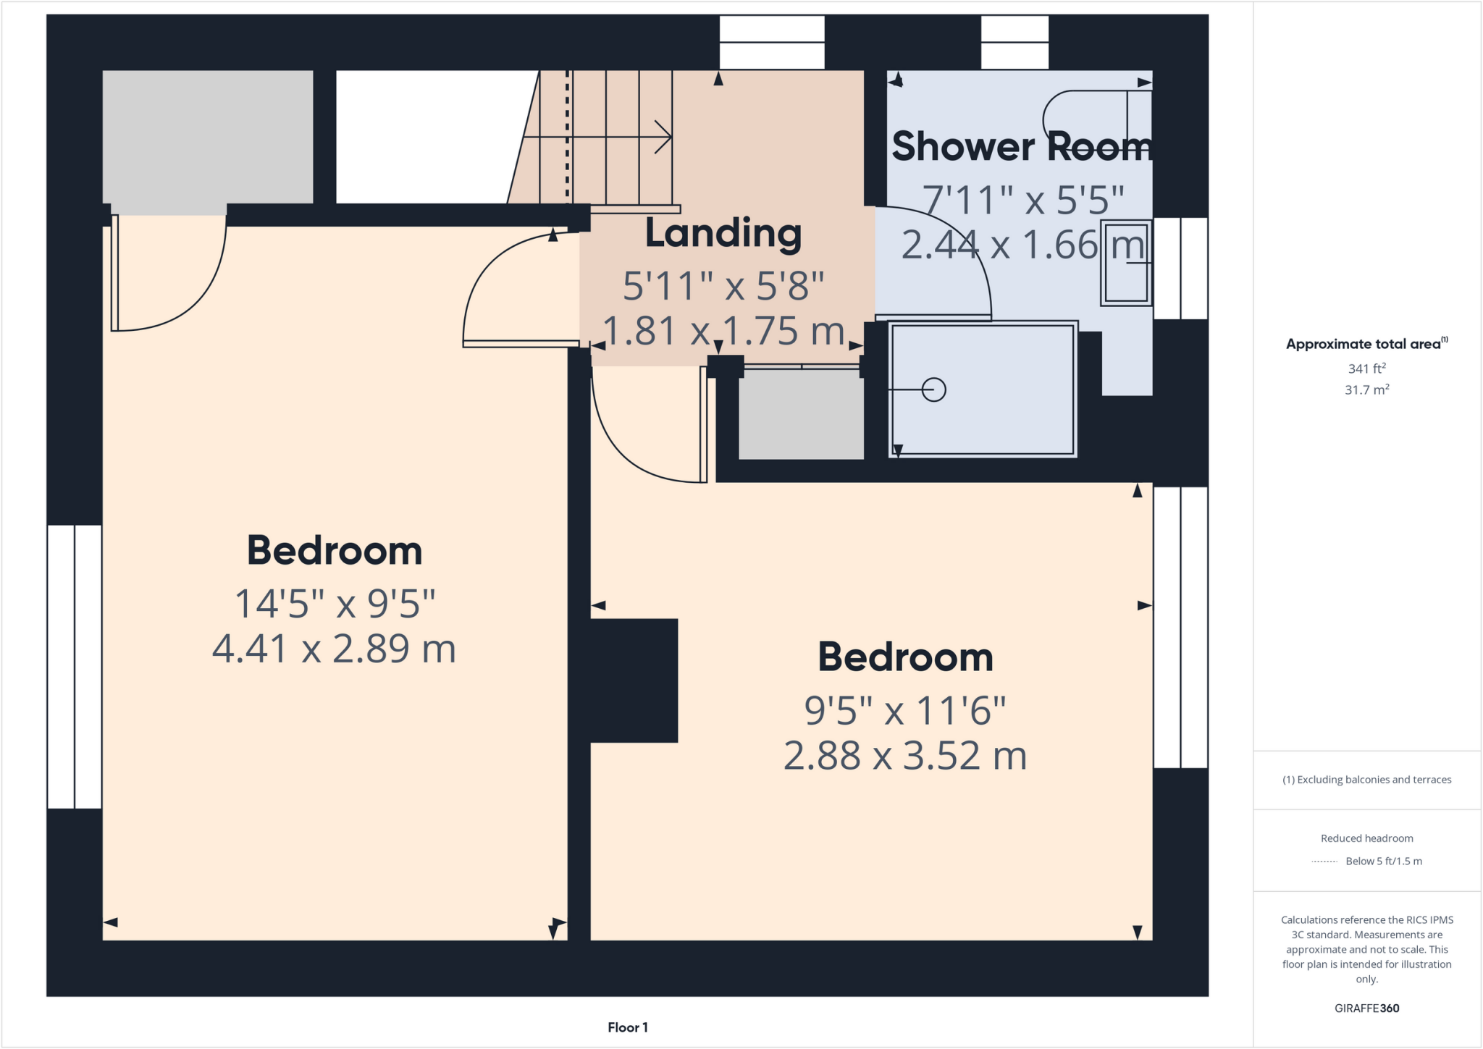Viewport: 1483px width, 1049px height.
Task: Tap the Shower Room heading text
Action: click(x=1020, y=147)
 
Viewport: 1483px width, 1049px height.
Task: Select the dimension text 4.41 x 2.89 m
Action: click(x=334, y=649)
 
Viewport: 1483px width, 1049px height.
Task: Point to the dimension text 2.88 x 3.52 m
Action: click(x=905, y=756)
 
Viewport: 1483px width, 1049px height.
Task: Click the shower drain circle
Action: click(x=934, y=389)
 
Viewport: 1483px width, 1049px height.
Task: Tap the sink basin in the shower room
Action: click(x=1126, y=263)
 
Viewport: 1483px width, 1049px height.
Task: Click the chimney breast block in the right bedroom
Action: click(x=634, y=681)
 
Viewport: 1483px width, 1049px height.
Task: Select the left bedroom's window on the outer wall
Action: click(x=74, y=666)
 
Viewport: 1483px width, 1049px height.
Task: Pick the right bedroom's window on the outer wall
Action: click(x=1180, y=627)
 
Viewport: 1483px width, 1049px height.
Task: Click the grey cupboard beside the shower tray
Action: click(x=801, y=415)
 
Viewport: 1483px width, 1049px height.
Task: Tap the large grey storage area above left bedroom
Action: click(x=207, y=138)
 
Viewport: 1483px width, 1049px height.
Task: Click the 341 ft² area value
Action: click(x=1366, y=368)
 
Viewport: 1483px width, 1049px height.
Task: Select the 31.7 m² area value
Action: click(x=1366, y=390)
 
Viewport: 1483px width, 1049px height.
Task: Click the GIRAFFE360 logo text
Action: click(x=1366, y=1008)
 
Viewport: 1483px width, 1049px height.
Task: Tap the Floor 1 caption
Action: click(x=627, y=1027)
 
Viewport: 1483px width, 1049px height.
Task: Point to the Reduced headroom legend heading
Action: click(x=1366, y=838)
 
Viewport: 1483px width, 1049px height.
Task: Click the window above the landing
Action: click(x=772, y=42)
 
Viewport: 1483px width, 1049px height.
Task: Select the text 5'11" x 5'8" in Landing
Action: click(x=723, y=286)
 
